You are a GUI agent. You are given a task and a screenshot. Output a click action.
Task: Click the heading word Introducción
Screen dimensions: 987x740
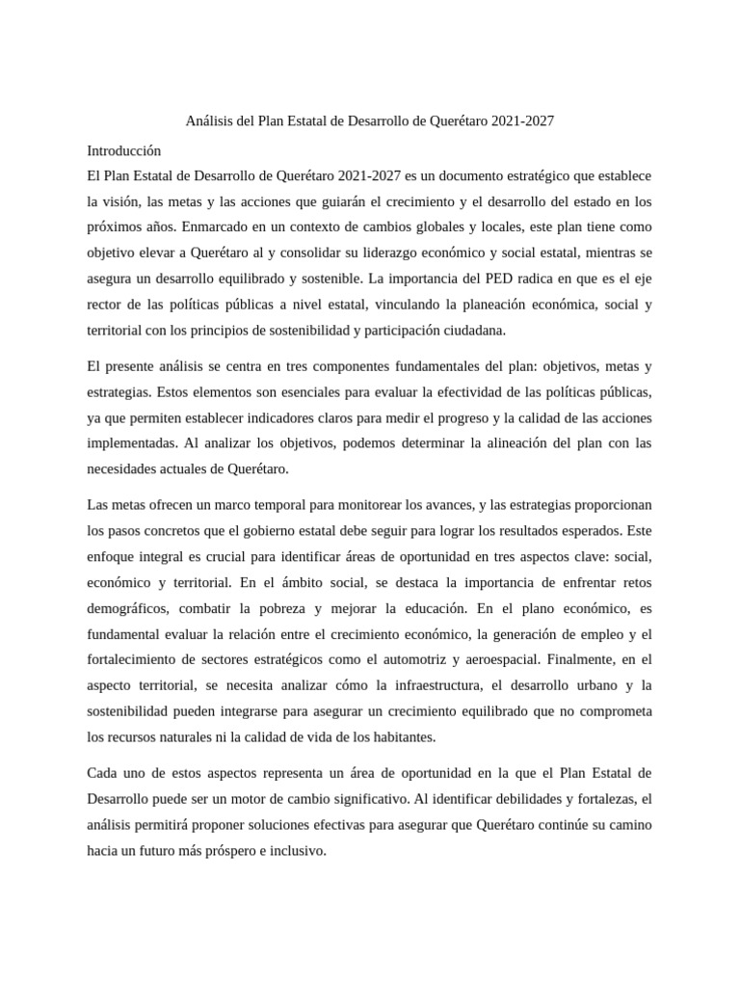pos(123,151)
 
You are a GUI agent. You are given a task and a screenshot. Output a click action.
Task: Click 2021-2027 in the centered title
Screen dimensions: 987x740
pos(522,122)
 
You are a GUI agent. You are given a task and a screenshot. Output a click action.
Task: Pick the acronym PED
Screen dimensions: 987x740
pos(484,279)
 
